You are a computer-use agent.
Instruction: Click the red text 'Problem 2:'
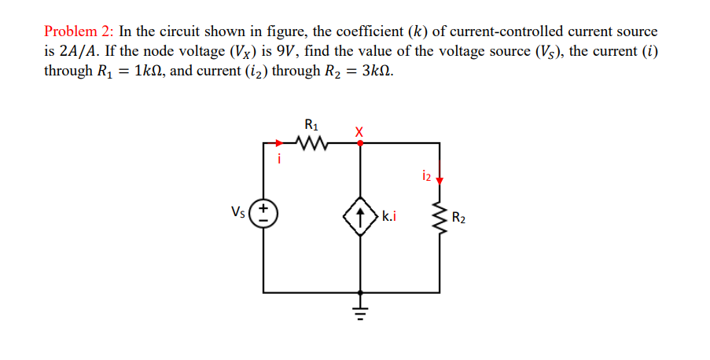point(79,31)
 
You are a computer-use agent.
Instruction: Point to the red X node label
point(359,130)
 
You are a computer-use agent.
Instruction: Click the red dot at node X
point(360,143)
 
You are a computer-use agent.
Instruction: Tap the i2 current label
point(427,174)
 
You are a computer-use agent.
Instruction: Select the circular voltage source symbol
point(263,214)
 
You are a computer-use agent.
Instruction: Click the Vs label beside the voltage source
point(237,211)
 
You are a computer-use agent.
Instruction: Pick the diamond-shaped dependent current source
point(360,214)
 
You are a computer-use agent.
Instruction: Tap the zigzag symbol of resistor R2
point(439,215)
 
